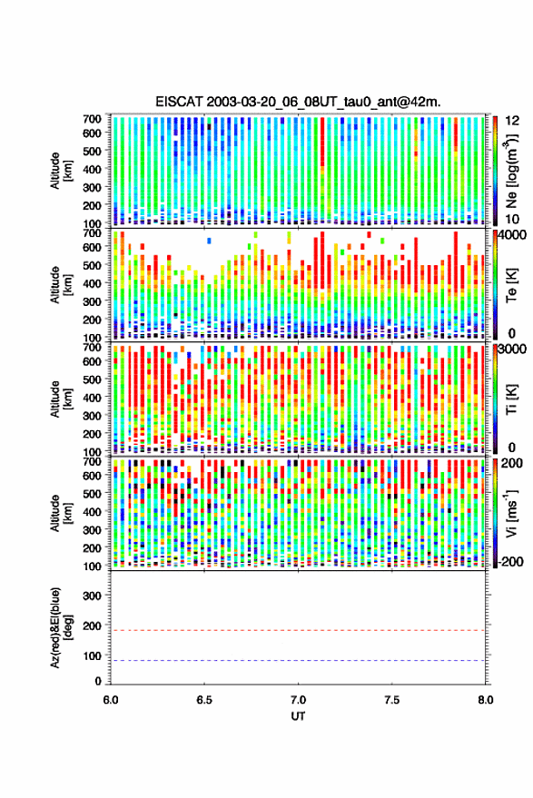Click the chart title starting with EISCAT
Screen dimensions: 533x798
(299, 102)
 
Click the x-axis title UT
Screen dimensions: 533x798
(298, 716)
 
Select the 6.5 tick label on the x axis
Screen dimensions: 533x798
(204, 700)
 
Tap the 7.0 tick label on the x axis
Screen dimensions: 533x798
(298, 700)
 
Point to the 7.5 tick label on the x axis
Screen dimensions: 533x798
(391, 700)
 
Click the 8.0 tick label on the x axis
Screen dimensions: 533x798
(485, 700)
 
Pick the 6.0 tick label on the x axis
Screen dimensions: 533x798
(111, 700)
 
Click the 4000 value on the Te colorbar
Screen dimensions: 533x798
(513, 235)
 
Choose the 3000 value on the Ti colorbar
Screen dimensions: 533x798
(513, 350)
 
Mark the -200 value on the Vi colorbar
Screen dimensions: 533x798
(510, 562)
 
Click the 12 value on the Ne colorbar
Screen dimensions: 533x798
(513, 121)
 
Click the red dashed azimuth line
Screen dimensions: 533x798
(298, 630)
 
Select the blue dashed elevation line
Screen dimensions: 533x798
(298, 660)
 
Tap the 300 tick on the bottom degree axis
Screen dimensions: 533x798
(92, 596)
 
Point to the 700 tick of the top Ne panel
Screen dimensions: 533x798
(92, 119)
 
